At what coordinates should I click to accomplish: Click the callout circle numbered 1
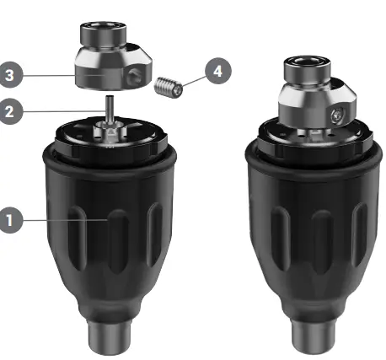10,220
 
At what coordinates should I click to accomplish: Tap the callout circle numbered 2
10,111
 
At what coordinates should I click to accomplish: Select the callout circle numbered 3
10,75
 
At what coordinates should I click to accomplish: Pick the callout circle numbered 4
218,71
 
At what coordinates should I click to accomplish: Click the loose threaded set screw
169,87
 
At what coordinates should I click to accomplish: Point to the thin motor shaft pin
110,108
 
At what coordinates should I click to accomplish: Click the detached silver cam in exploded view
113,56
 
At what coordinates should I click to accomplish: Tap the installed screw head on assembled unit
336,116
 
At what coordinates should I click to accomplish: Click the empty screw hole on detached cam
132,77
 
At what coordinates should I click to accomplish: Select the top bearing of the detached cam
104,34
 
